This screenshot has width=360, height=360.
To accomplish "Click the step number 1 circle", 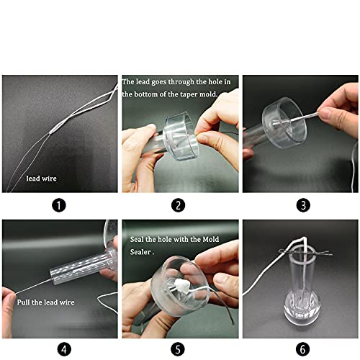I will point(59,204).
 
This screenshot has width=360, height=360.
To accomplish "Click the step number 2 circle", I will point(179,204).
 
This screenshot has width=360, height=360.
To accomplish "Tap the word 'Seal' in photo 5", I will point(137,239).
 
